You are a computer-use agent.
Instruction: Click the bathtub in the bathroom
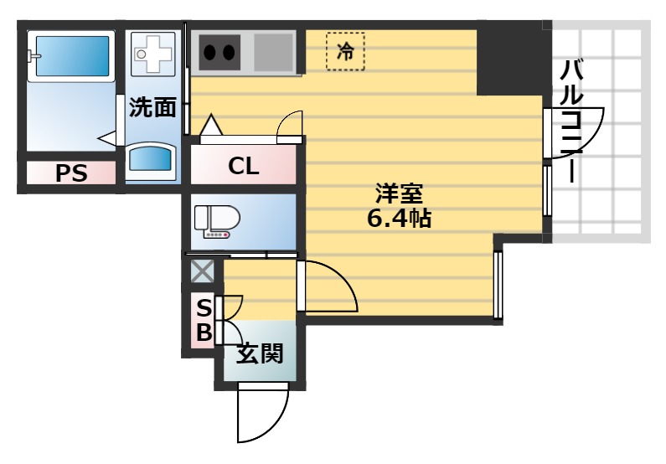click(x=70, y=57)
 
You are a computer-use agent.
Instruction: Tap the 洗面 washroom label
click(x=152, y=107)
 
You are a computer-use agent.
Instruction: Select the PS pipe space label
click(x=71, y=173)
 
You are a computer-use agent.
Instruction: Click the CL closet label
click(x=244, y=165)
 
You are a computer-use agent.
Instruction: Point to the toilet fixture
click(x=217, y=220)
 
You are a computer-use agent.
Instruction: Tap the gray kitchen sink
click(x=273, y=52)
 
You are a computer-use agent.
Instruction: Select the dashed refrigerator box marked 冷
click(x=345, y=51)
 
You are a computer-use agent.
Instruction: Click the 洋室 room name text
click(x=398, y=194)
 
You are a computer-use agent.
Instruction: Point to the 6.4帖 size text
click(x=399, y=219)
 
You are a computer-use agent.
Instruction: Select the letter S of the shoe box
click(x=204, y=307)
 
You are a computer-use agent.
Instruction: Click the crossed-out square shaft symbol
click(x=202, y=271)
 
